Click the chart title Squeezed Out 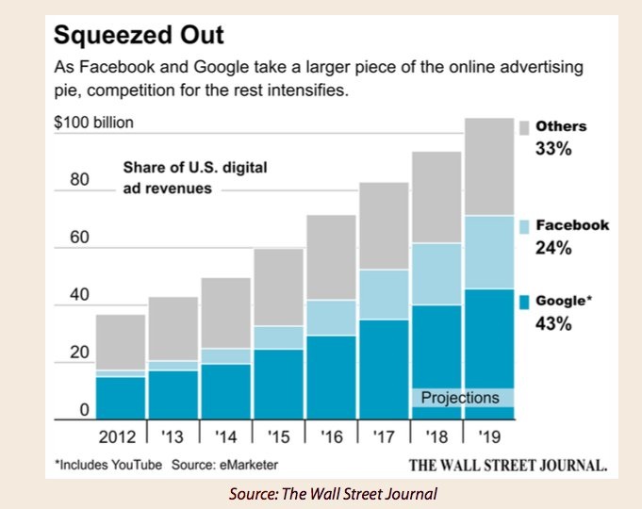click(140, 38)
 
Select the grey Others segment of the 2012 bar click(121, 341)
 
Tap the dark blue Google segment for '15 click(278, 384)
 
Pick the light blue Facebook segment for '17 click(383, 294)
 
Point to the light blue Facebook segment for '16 click(330, 318)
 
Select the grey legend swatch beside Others click(523, 126)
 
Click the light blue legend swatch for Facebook click(523, 226)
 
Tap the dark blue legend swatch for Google click(523, 302)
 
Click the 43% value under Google click(553, 324)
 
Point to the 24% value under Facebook click(553, 248)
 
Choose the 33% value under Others click(553, 148)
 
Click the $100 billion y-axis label click(93, 122)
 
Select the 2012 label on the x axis click(120, 437)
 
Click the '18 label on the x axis click(436, 437)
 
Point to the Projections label click(460, 398)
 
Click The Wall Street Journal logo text click(506, 465)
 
